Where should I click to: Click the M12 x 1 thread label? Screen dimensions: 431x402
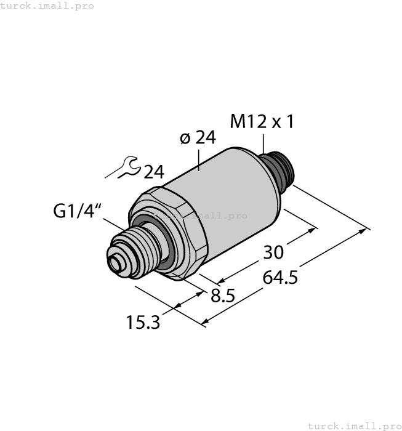pos(262,121)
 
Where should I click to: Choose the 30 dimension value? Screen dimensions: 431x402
pos(274,252)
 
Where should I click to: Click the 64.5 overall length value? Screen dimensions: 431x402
pos(280,278)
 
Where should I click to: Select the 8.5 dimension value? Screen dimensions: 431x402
pos(222,296)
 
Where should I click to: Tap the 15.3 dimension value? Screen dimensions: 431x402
pos(143,321)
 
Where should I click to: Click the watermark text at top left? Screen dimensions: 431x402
pos(47,6)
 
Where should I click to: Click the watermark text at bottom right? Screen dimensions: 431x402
pos(353,425)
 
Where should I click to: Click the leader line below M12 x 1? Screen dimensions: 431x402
pos(263,142)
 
